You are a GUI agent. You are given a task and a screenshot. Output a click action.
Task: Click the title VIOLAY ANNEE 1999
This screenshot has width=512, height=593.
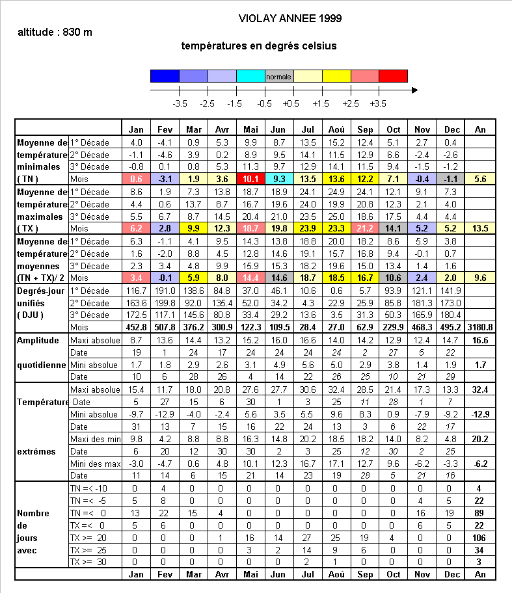290,18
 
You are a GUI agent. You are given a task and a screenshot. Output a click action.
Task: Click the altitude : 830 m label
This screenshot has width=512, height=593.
55,32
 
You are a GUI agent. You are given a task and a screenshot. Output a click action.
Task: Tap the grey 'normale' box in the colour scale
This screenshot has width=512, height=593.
279,77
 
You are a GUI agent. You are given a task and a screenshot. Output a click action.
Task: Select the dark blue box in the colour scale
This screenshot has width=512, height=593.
165,77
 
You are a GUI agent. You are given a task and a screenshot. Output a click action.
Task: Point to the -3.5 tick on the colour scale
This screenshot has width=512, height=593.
180,103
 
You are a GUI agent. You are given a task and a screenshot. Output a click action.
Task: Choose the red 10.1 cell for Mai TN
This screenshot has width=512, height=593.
250,179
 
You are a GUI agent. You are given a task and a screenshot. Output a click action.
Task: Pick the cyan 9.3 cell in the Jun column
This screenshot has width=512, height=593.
279,179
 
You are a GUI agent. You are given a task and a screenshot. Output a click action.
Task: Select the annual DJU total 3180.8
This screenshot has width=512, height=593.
480,328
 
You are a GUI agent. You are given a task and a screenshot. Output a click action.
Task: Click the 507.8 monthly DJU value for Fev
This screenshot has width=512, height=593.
165,328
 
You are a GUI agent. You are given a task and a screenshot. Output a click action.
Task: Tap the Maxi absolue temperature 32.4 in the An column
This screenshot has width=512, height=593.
480,389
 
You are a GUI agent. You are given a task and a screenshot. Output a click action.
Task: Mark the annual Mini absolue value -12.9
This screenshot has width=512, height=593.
480,414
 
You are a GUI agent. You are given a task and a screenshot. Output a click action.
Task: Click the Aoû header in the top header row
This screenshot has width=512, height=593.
337,129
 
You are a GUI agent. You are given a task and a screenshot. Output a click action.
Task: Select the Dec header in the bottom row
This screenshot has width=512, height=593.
451,575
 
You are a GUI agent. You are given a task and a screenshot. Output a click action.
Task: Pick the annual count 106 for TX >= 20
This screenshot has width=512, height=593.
480,538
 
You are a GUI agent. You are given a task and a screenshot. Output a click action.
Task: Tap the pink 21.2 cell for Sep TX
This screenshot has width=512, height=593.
366,229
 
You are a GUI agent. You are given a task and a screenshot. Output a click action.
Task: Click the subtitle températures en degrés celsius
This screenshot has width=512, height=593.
259,46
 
